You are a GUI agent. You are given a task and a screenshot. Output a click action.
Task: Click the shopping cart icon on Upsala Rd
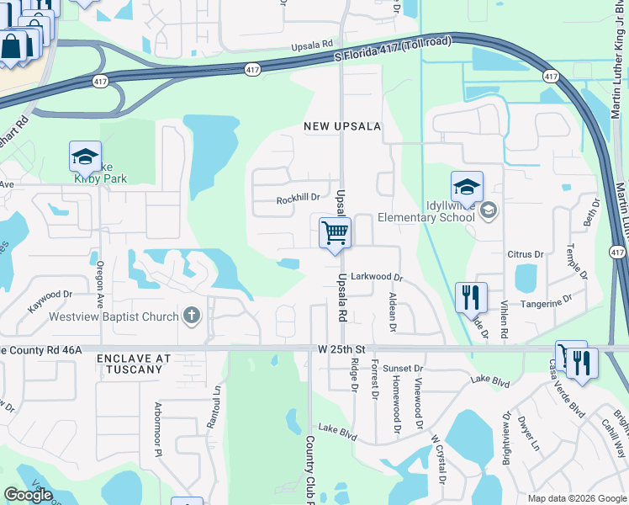point(335,232)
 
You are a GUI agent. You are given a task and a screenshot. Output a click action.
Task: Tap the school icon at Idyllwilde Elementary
point(467,186)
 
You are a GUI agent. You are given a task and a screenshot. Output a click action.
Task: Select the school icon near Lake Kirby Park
point(85,157)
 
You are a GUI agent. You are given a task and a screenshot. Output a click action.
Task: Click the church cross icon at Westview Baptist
point(192,316)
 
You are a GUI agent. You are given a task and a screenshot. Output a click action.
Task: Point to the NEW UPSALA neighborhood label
point(343,126)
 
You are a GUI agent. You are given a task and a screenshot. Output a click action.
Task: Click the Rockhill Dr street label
point(299,199)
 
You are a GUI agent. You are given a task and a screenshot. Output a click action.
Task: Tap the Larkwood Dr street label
point(378,276)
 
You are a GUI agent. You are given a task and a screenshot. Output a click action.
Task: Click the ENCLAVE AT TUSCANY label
point(134,364)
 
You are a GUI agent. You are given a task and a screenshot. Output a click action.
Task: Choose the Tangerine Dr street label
point(546,300)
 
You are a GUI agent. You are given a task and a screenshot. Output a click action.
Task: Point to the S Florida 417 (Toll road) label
point(392,50)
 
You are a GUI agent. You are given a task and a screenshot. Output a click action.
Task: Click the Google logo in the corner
point(28,495)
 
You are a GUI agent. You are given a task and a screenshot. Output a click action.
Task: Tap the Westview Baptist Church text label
point(114,317)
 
